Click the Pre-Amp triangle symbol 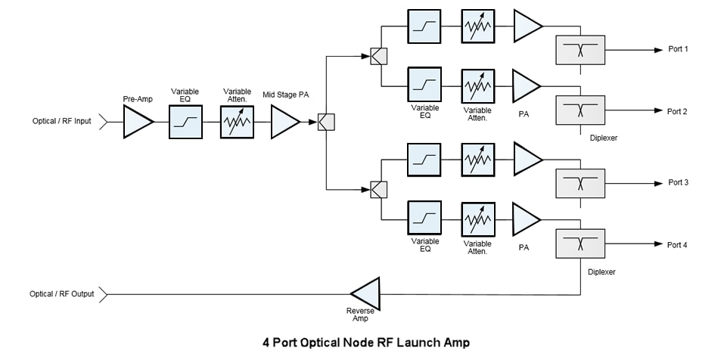pos(137,122)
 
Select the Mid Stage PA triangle pos(284,122)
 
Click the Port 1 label pos(677,50)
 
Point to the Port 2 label pos(677,111)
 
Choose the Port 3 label pos(677,183)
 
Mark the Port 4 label pos(677,244)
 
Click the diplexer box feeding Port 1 pos(580,50)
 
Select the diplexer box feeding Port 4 pos(580,244)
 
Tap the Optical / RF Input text pos(61,122)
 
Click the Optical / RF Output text pos(62,293)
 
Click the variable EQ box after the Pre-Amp pos(185,122)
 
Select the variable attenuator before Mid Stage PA pos(236,122)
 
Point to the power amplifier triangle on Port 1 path pos(527,26)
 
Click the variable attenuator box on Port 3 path pos(477,160)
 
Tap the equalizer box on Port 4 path pos(424,219)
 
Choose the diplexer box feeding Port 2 pos(580,110)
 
